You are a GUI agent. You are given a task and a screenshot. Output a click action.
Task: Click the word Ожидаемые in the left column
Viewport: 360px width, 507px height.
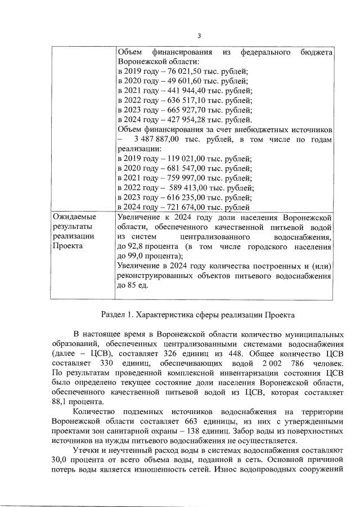click(x=74, y=217)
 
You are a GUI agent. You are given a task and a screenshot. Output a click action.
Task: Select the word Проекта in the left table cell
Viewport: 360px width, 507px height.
click(x=67, y=246)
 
